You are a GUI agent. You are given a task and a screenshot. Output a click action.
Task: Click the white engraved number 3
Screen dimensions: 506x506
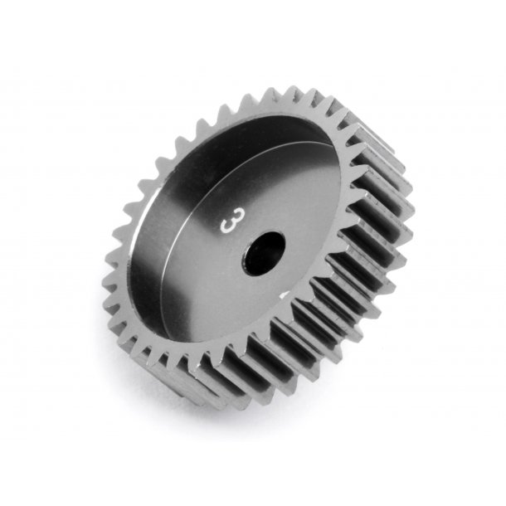click(x=226, y=223)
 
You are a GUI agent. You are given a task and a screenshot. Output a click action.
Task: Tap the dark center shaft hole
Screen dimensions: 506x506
click(x=264, y=252)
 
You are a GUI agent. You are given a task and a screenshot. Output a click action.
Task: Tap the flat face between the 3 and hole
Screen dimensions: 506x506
click(x=243, y=236)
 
